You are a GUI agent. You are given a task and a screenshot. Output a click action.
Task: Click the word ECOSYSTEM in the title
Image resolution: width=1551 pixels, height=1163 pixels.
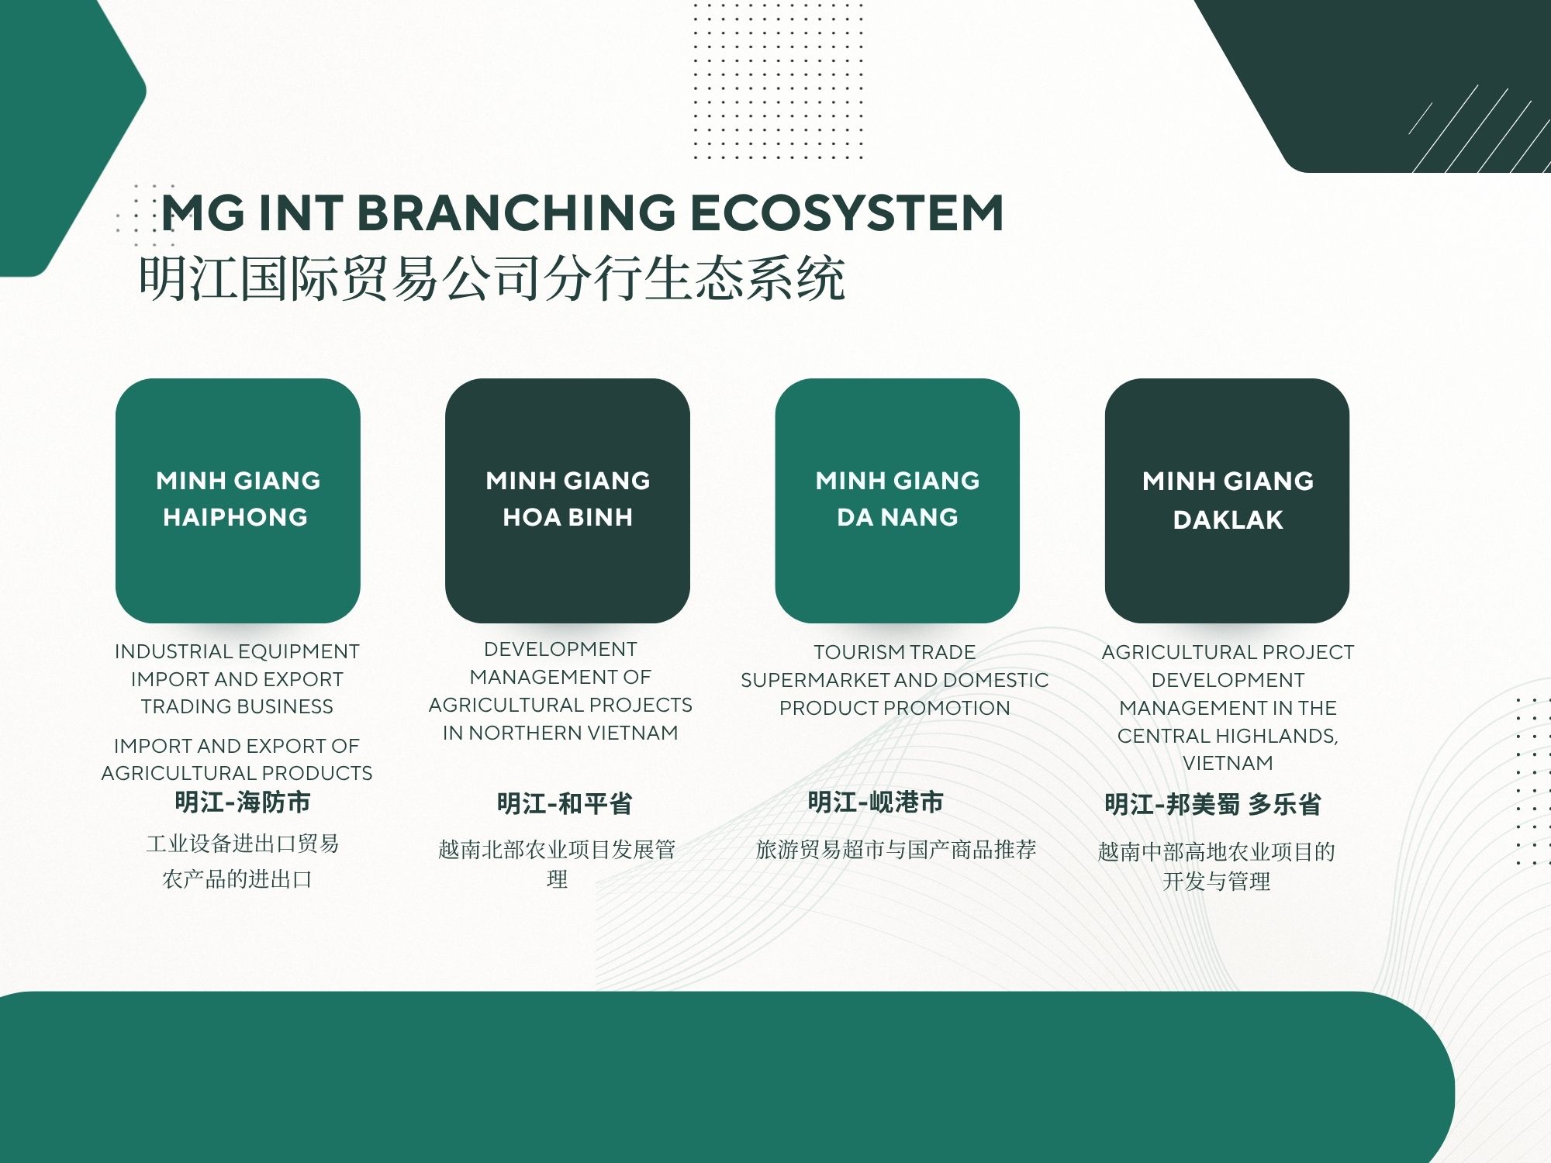[x=847, y=212]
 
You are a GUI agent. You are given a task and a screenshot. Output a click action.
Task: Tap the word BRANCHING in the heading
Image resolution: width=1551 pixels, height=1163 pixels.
[x=516, y=212]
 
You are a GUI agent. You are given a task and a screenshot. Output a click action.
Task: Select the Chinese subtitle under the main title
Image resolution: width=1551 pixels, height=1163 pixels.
[x=492, y=278]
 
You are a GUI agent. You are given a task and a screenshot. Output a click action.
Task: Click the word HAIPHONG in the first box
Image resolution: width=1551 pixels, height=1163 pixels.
[x=236, y=517]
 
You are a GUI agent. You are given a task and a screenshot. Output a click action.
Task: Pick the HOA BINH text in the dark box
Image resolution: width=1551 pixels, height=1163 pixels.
[x=568, y=517]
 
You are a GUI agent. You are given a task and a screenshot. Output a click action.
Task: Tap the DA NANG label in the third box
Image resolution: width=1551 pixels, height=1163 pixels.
[x=897, y=517]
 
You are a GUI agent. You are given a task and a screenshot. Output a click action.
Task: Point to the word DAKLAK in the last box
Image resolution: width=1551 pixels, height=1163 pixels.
[x=1228, y=519]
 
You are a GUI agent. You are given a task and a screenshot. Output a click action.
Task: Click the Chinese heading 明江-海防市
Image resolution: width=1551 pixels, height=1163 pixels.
[x=243, y=802]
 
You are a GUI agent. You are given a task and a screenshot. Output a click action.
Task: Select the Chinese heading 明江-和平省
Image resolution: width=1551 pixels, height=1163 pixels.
[x=565, y=803]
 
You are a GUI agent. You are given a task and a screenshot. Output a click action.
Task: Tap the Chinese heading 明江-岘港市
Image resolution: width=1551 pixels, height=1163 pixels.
[x=876, y=802]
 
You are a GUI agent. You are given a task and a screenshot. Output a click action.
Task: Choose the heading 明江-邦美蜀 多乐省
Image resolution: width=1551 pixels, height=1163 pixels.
[x=1213, y=804]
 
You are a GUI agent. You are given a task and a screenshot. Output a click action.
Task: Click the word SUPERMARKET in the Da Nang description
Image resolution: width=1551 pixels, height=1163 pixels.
[x=811, y=680]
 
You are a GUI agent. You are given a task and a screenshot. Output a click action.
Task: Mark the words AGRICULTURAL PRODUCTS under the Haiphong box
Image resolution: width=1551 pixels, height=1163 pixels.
[x=237, y=773]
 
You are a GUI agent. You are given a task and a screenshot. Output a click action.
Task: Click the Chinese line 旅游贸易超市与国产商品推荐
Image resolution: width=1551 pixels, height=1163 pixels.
[x=896, y=850]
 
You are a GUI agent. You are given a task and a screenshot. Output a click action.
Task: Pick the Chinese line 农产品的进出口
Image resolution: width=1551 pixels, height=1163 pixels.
[x=237, y=879]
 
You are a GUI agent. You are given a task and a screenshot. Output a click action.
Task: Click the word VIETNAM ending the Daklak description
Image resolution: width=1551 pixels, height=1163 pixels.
[x=1228, y=763]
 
